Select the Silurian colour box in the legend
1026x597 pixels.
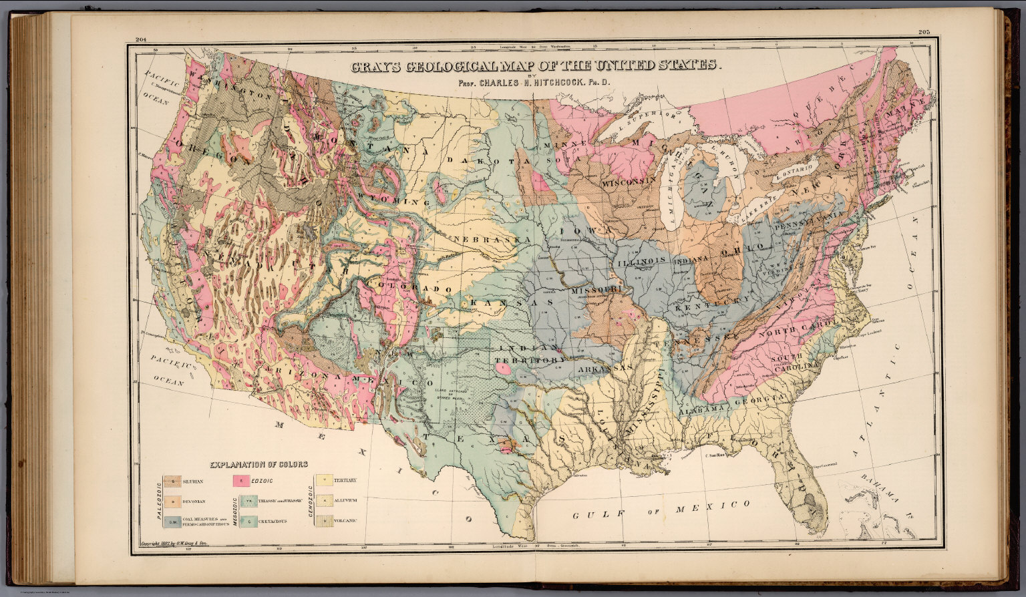pos(172,481)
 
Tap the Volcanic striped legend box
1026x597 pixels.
pos(324,520)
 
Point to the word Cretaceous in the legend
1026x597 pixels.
pos(273,521)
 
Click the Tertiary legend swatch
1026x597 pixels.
pos(324,480)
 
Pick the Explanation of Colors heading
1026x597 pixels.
pos(259,464)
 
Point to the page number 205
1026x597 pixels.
pos(924,33)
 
